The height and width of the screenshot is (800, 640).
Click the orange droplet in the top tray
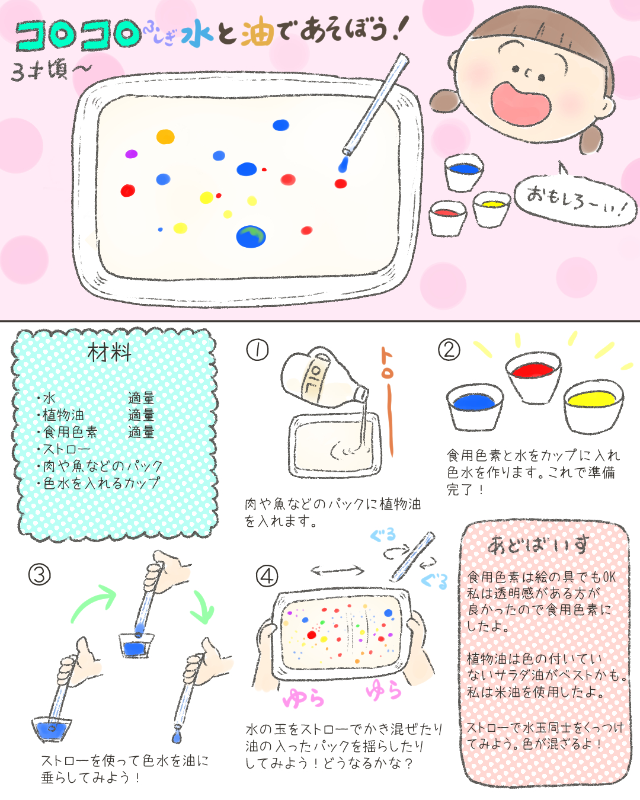coord(165,136)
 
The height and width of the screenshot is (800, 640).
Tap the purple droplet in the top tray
coord(132,154)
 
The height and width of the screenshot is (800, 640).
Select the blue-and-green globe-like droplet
coord(251,236)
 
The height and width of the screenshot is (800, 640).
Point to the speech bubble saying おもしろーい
coord(575,201)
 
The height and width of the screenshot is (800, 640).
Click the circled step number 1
coord(257,350)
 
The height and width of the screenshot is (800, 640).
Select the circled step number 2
coord(449,350)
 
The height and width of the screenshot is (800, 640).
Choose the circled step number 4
coord(267,576)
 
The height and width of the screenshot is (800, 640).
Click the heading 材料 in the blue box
coord(110,353)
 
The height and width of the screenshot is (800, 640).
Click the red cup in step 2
coord(533,377)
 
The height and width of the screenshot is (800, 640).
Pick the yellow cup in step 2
coord(594,407)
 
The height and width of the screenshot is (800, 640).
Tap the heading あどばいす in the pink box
coord(537,545)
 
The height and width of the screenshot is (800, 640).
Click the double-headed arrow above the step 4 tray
coord(337,570)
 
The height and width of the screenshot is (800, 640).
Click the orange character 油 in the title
coord(257,31)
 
